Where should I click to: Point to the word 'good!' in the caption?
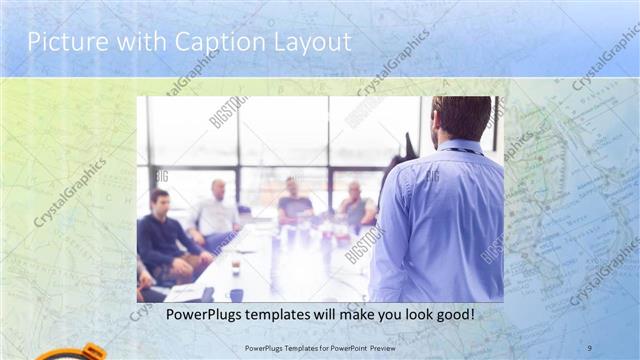click(x=452, y=314)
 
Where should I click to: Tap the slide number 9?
click(x=588, y=348)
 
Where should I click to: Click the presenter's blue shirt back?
click(x=440, y=220)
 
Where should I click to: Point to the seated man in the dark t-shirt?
click(x=294, y=204)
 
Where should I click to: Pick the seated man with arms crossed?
click(x=355, y=206)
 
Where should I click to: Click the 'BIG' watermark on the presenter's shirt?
click(x=432, y=177)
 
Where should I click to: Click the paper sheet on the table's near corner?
click(x=185, y=292)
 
